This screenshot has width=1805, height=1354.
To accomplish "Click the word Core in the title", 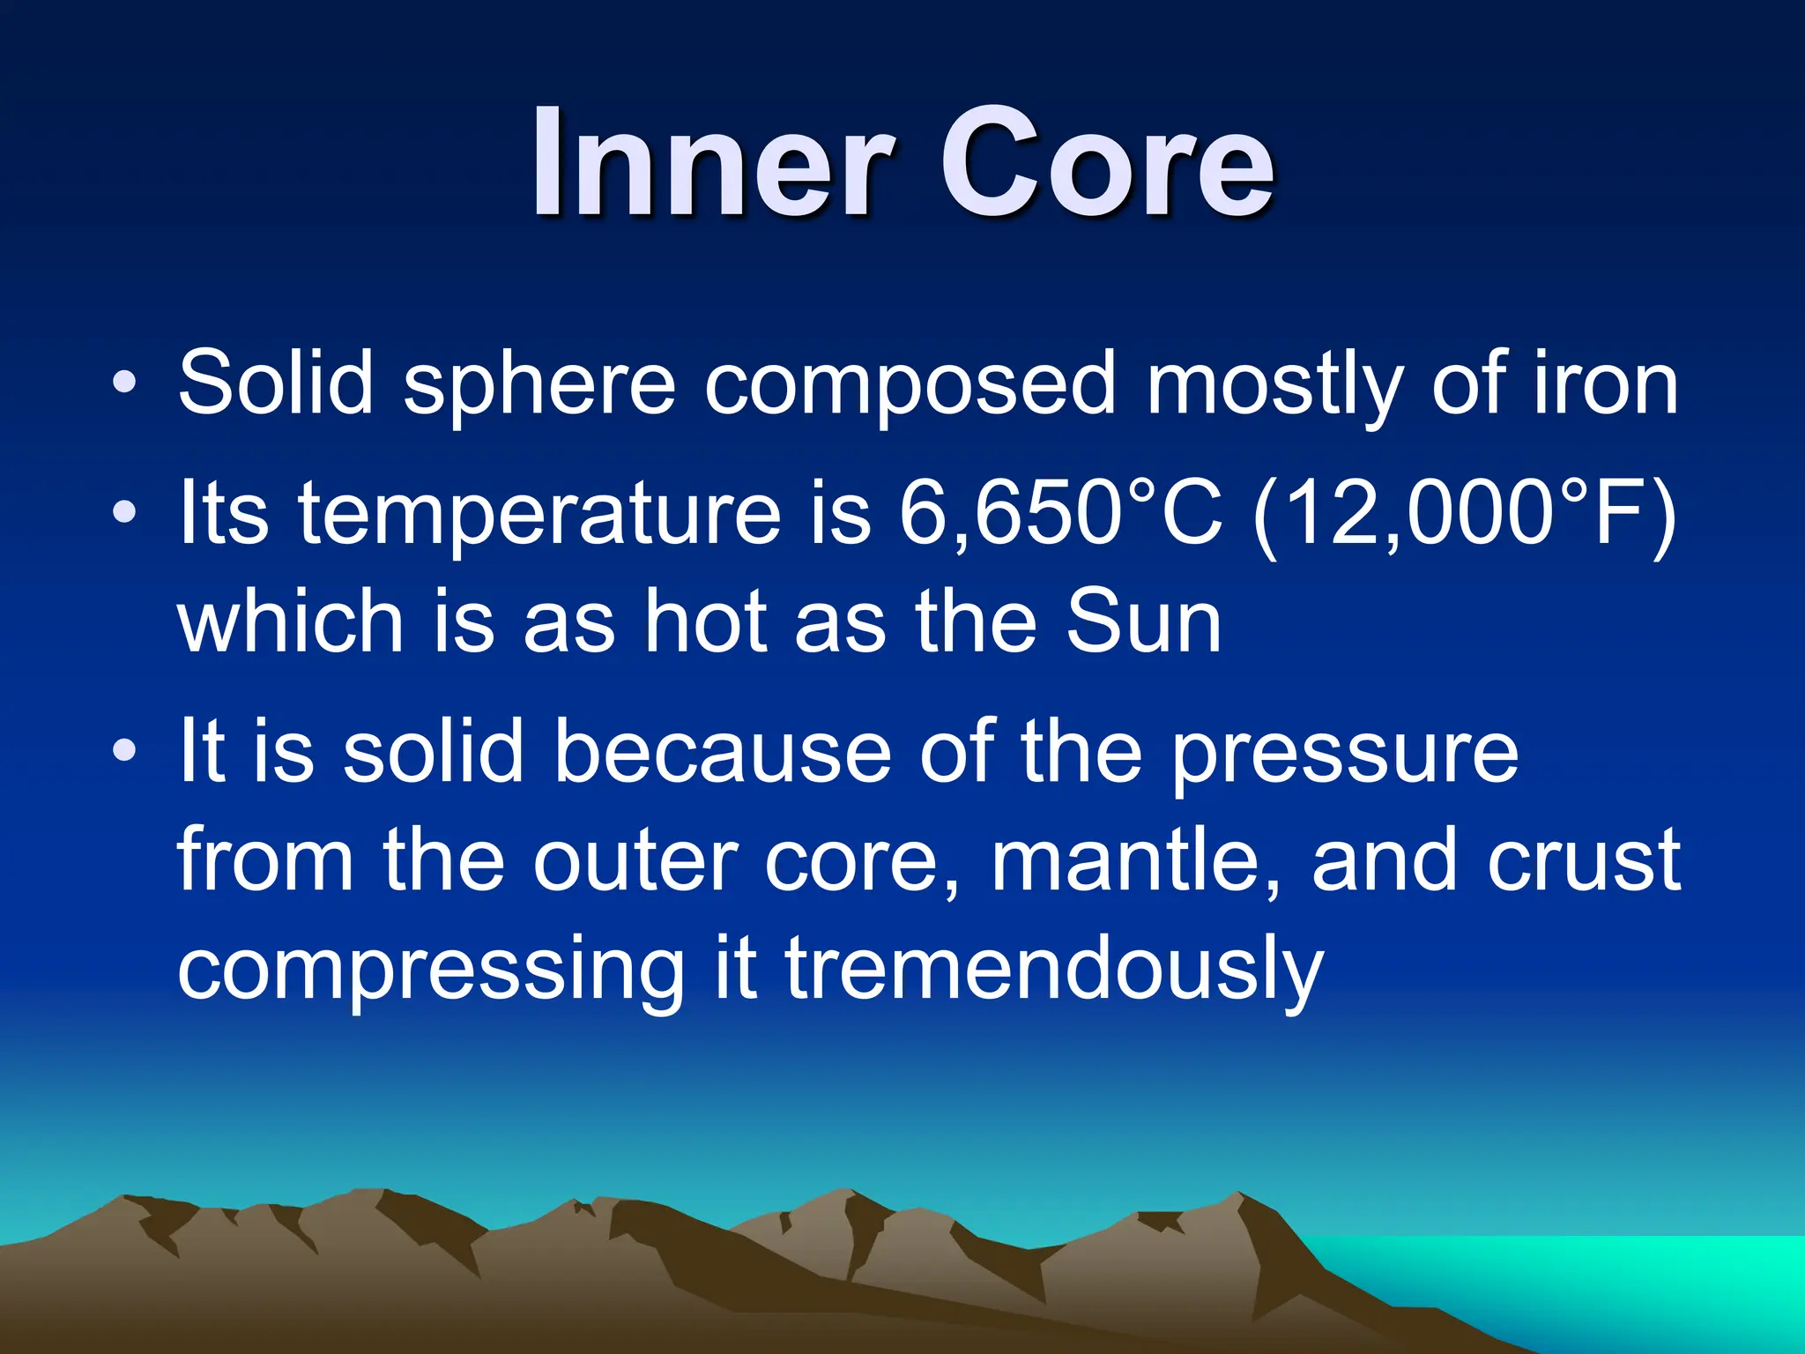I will [1106, 163].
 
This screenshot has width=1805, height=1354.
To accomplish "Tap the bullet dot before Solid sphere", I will [124, 382].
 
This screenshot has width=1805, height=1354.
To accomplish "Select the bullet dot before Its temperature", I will [124, 511].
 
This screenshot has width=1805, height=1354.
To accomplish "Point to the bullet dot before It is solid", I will [124, 750].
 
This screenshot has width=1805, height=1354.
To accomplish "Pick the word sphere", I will [539, 384].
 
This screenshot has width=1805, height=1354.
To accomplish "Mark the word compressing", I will [431, 972].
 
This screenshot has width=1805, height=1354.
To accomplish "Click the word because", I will [722, 751].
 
